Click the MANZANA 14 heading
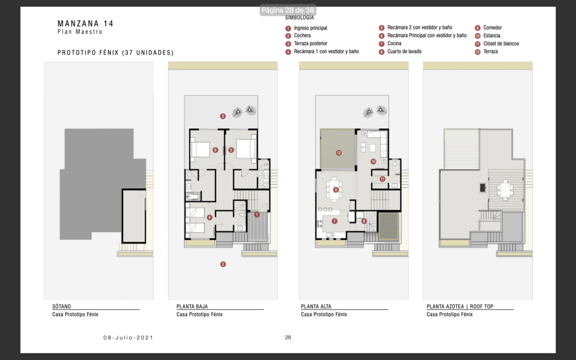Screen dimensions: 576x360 click(85, 24)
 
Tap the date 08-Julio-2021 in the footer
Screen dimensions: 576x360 click(128, 337)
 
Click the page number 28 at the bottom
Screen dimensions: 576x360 click(288, 337)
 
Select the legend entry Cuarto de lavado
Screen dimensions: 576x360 click(404, 51)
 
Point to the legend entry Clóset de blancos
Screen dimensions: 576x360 click(501, 43)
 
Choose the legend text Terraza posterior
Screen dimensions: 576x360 click(310, 43)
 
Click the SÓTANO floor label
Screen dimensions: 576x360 click(61, 307)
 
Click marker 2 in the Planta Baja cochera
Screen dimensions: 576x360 click(223, 264)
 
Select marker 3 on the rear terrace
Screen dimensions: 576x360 click(223, 116)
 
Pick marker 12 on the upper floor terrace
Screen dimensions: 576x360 click(339, 153)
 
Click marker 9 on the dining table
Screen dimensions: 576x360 click(336, 190)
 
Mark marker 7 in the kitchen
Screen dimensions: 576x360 click(334, 221)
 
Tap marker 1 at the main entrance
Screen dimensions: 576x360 click(256, 214)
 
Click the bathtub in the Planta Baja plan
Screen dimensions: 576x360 click(193, 196)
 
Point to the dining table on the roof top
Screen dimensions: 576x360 click(506, 190)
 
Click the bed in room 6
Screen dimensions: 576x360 click(201, 150)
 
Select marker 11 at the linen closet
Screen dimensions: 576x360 click(382, 179)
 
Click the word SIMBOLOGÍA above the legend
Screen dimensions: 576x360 click(299, 17)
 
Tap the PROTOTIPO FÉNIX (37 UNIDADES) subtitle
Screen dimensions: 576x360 click(115, 52)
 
